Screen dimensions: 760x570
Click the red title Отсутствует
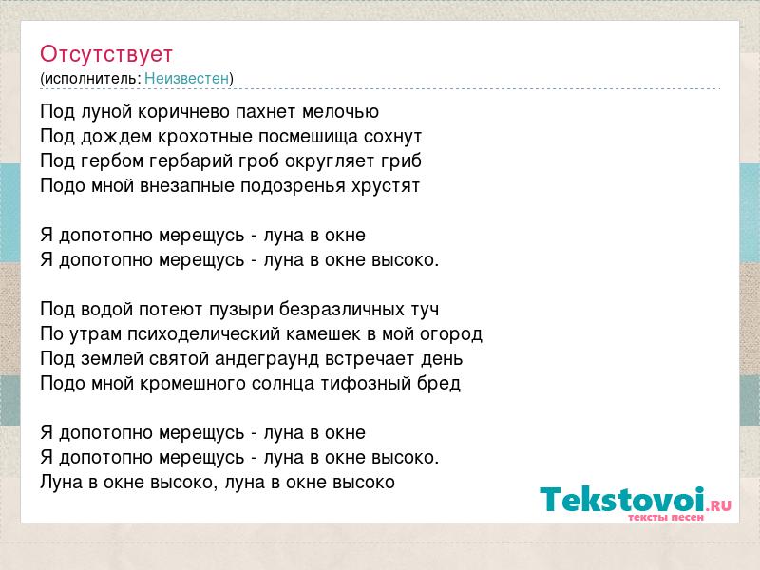[106, 54]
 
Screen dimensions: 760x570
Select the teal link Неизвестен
[186, 78]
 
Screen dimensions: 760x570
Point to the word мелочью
[340, 112]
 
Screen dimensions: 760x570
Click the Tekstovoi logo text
[622, 500]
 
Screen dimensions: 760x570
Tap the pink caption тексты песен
[666, 518]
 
